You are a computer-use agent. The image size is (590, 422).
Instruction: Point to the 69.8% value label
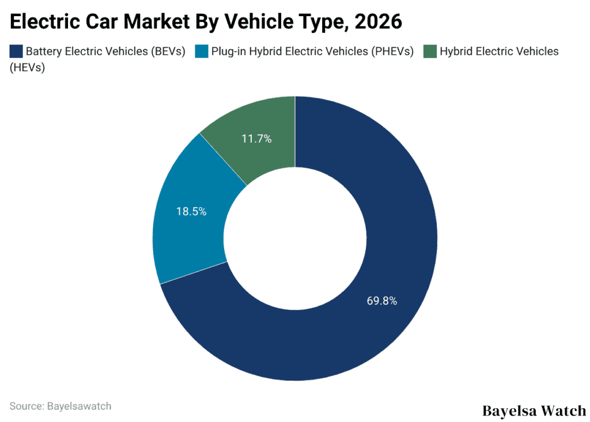coord(381,301)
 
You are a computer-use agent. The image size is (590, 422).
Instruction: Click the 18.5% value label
coord(191,211)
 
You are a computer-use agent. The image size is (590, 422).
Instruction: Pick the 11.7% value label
coord(256,139)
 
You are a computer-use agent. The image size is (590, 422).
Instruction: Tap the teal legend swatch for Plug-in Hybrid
coord(201,51)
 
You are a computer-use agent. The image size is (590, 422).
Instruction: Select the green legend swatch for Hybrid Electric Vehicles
coord(430,51)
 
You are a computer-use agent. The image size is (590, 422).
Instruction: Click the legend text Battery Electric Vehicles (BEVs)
coord(105,51)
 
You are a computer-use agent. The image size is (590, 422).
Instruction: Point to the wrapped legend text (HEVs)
coord(28,67)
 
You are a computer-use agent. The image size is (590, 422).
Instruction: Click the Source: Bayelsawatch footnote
coord(60,406)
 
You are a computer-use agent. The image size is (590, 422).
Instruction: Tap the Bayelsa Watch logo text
coord(534,410)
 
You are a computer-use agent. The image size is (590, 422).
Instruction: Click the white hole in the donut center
coord(295,238)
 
